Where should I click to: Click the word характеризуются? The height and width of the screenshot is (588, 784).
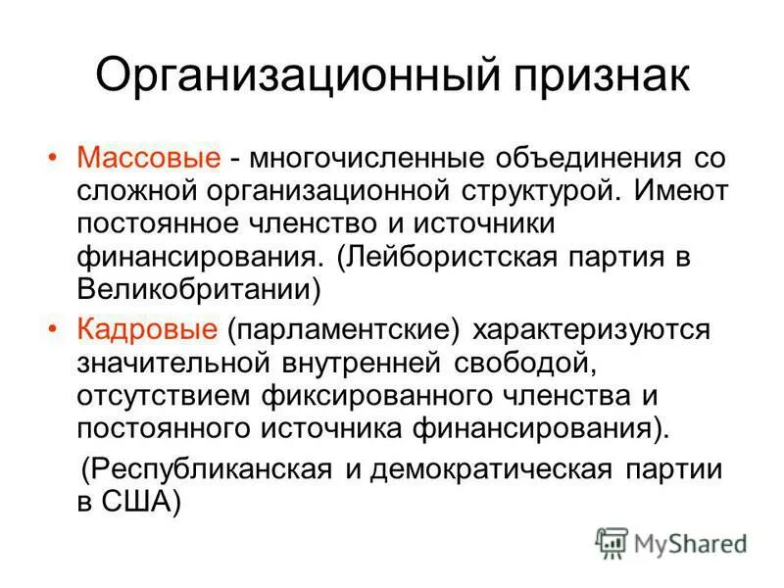point(599,328)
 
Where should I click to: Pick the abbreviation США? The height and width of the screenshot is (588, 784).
point(137,502)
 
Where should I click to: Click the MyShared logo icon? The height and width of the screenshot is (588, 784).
point(611,542)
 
